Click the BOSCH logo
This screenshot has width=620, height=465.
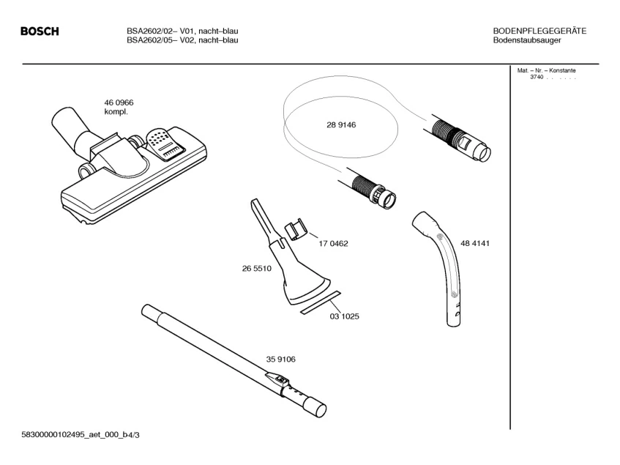pos(40,31)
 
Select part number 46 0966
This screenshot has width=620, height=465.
pos(119,103)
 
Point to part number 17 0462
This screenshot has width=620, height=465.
pos(332,243)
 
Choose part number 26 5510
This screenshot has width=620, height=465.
pos(257,269)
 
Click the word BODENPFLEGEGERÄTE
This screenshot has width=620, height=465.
pos(539,31)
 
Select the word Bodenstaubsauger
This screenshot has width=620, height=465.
pos(528,40)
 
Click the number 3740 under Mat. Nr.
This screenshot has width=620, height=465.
pos(536,77)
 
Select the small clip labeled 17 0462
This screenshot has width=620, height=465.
pos(292,228)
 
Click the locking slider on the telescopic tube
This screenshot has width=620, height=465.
pos(277,379)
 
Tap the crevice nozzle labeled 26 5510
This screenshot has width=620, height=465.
pos(289,264)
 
